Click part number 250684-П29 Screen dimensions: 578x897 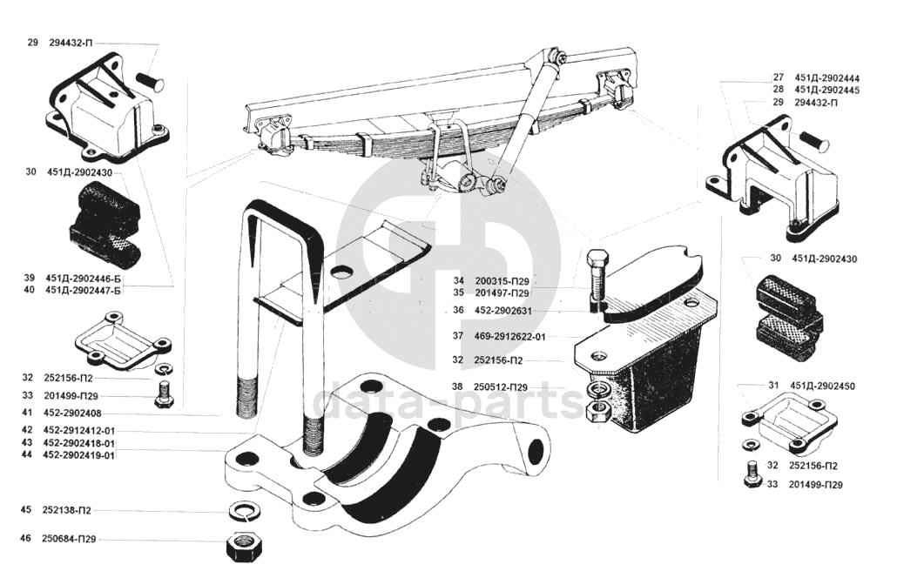point(69,540)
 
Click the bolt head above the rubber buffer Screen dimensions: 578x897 point(597,259)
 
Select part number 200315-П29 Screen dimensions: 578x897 point(504,281)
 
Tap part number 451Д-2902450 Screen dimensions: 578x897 point(824,385)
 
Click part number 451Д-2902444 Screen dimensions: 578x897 point(827,77)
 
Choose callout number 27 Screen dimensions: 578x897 point(779,77)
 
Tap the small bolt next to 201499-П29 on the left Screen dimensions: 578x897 point(161,395)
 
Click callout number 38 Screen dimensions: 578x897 point(458,386)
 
